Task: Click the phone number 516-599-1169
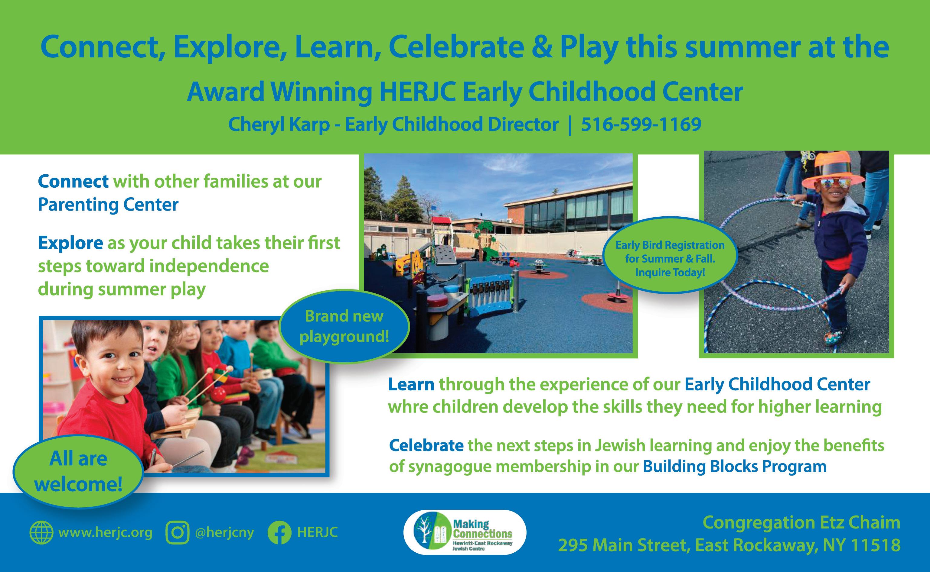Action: click(641, 124)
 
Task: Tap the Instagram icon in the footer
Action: click(177, 533)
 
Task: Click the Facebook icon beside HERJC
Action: click(279, 533)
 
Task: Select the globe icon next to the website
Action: click(41, 533)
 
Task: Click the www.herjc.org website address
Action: click(105, 533)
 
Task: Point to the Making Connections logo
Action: click(465, 532)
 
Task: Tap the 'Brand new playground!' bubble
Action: click(344, 326)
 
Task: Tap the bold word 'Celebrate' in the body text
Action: click(426, 445)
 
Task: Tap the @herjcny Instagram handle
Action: click(224, 533)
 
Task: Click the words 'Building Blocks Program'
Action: click(735, 467)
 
